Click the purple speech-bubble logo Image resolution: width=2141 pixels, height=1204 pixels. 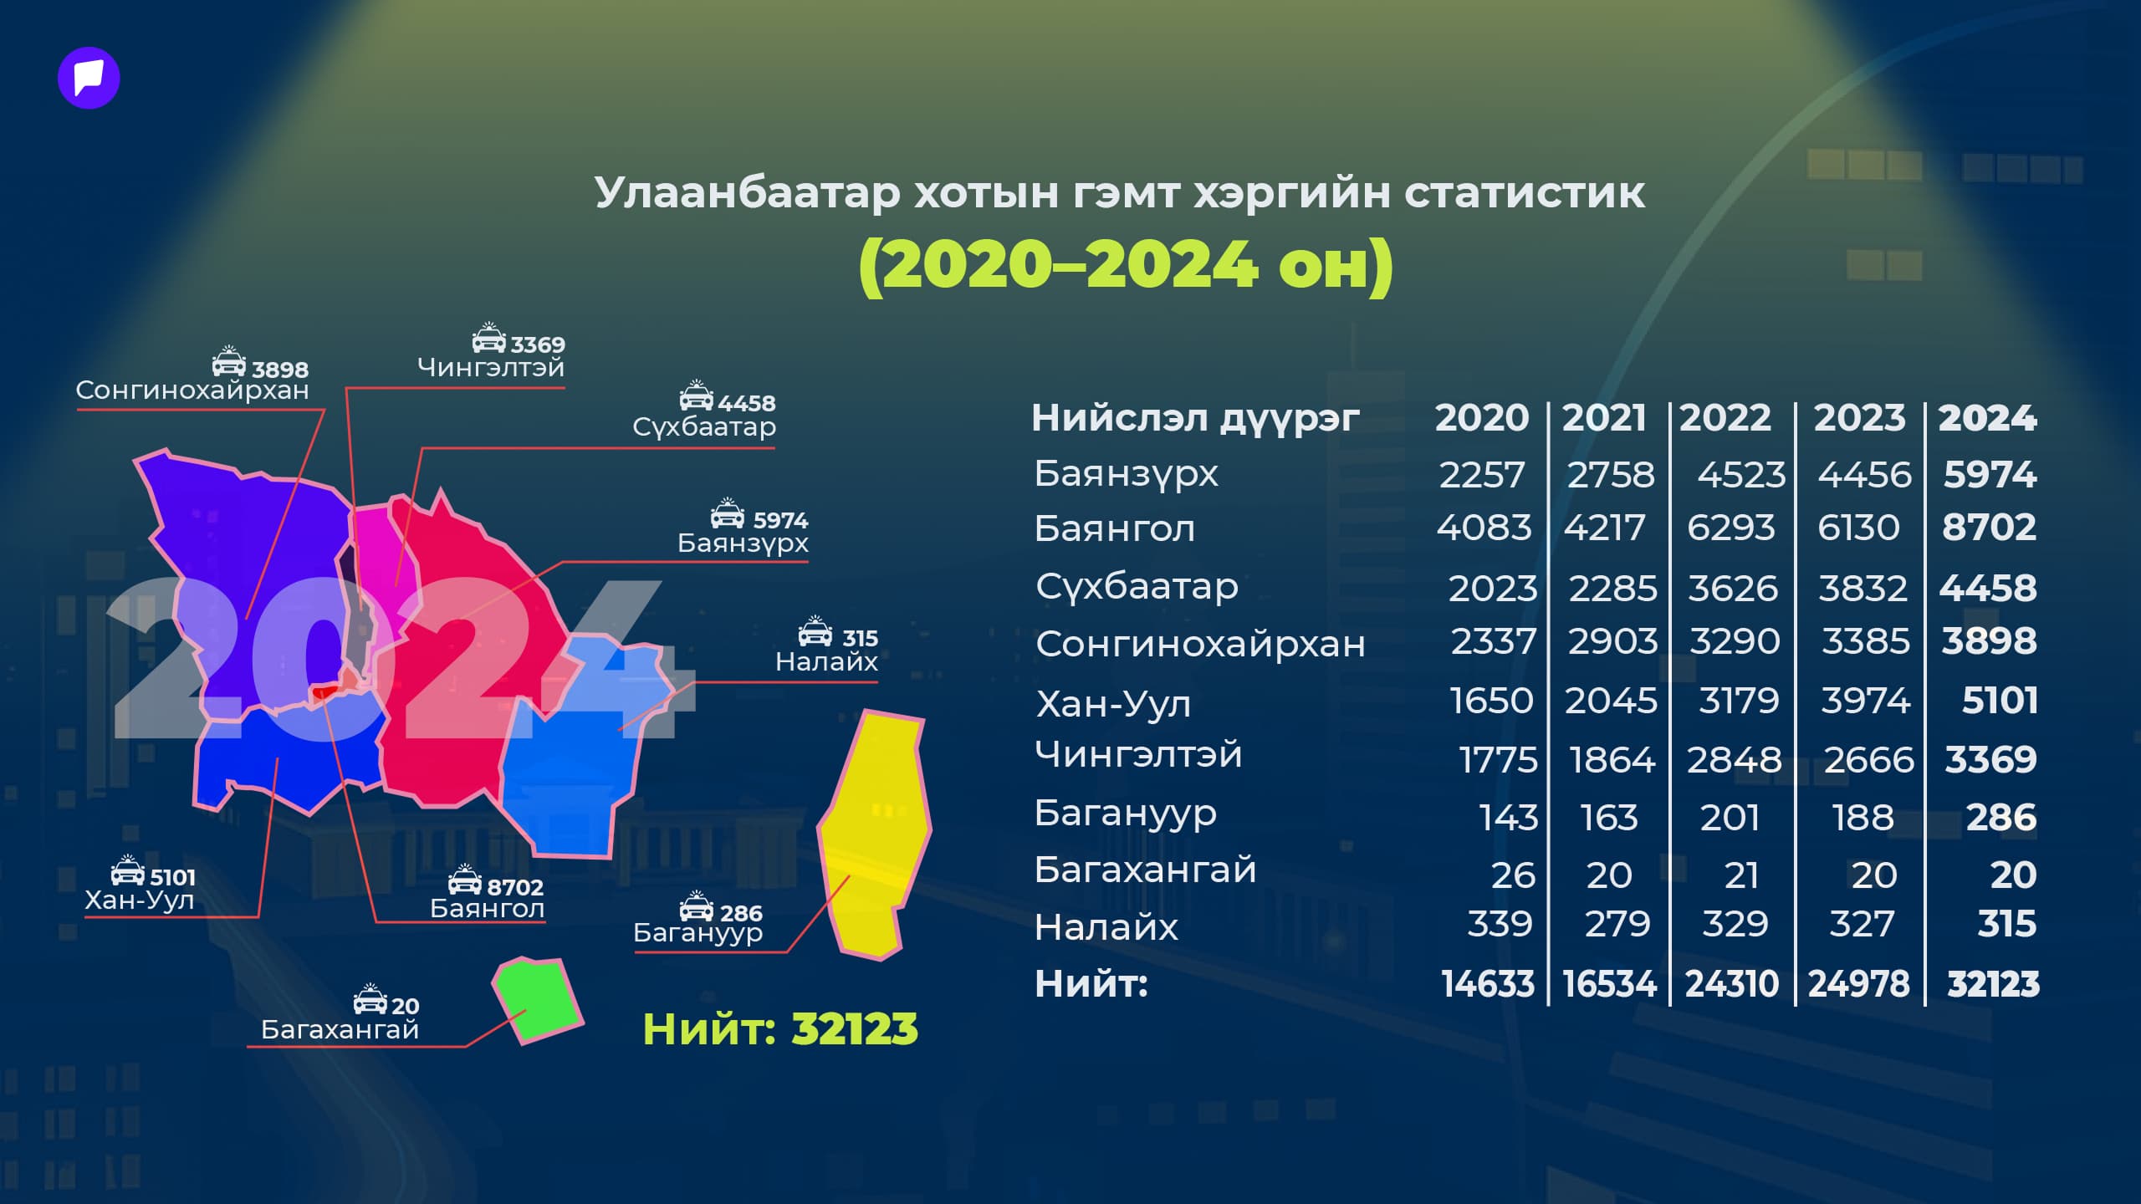tap(89, 79)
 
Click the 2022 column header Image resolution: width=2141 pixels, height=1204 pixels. tap(1725, 417)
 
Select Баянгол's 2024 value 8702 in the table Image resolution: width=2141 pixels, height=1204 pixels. tap(1989, 528)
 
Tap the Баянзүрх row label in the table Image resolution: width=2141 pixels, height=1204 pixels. tap(1126, 474)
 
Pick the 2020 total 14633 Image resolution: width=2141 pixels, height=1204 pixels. tap(1488, 984)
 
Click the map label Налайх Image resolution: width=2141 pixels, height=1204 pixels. tap(826, 662)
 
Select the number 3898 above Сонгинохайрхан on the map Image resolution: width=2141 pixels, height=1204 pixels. tap(280, 370)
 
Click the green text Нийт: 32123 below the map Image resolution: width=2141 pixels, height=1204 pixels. tap(779, 1028)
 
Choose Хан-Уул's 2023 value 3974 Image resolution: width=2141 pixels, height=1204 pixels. tap(1865, 701)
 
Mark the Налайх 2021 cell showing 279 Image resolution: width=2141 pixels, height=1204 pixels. tap(1617, 924)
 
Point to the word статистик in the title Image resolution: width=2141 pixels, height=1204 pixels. tap(1525, 193)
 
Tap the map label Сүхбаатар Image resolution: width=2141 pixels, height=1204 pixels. tap(704, 427)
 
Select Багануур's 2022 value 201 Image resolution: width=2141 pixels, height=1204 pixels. tap(1730, 818)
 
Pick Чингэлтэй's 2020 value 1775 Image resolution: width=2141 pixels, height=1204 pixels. tap(1498, 760)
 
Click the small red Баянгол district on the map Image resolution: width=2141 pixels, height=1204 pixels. tap(324, 691)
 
